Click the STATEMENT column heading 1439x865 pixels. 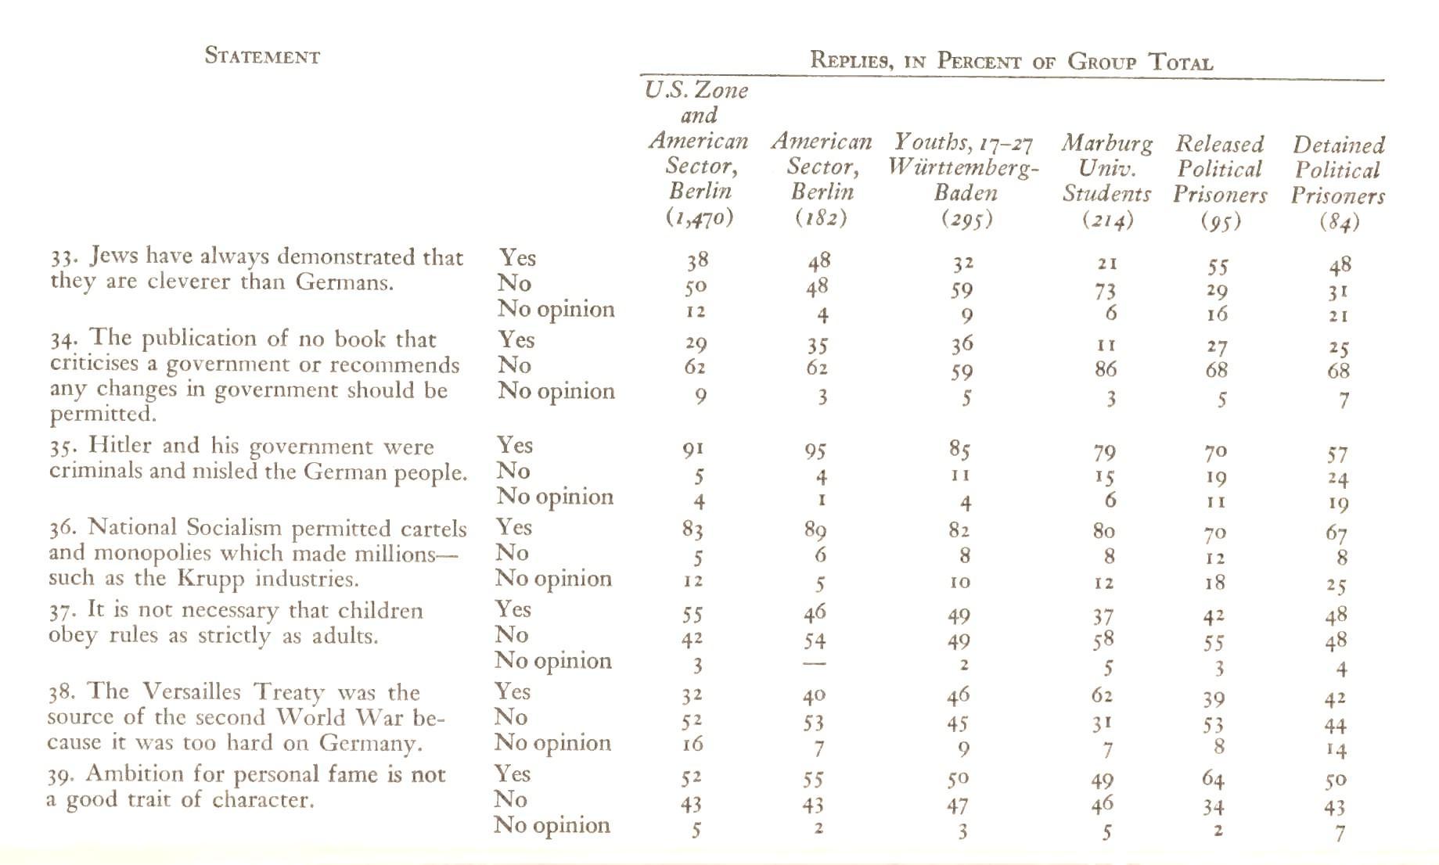[x=262, y=56]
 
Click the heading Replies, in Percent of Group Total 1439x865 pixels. [x=1011, y=60]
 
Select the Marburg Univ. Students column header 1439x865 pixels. [x=1106, y=168]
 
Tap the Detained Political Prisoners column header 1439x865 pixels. [x=1338, y=170]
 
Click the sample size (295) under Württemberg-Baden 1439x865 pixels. [x=966, y=219]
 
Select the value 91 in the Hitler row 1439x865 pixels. [x=694, y=450]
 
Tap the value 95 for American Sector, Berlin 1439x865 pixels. [x=816, y=451]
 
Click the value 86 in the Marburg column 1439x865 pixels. [x=1105, y=369]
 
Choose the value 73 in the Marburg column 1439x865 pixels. [x=1105, y=291]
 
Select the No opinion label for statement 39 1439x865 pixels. [x=552, y=825]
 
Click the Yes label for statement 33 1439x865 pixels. [x=517, y=257]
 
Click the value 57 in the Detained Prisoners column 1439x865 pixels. [x=1337, y=454]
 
